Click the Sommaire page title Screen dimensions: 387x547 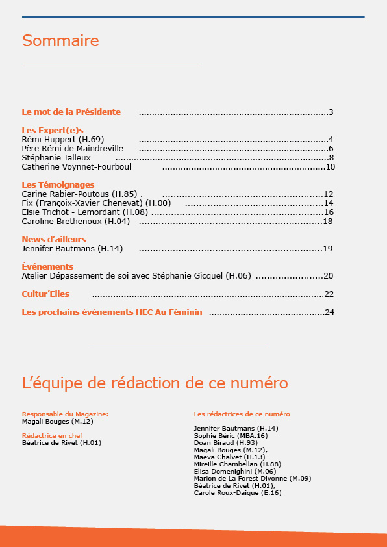pos(60,41)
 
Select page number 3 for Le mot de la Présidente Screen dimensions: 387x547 pos(331,112)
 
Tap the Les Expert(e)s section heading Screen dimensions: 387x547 pos(53,130)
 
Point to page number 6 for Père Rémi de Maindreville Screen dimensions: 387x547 pos(331,148)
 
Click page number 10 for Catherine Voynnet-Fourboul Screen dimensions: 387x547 pos(330,166)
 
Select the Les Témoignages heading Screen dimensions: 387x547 pos(58,184)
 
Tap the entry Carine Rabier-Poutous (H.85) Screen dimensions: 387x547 pos(79,194)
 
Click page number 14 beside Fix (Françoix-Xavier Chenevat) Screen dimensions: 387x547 pos(329,203)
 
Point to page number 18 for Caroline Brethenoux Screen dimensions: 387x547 pos(328,221)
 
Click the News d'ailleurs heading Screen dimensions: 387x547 pos(54,239)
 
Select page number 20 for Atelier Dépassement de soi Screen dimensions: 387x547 pos(329,275)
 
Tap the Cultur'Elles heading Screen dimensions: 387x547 pos(45,294)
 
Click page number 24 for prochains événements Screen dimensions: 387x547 pos(330,312)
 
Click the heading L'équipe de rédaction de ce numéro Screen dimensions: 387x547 pos(155,383)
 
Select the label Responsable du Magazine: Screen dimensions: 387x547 pos(65,414)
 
